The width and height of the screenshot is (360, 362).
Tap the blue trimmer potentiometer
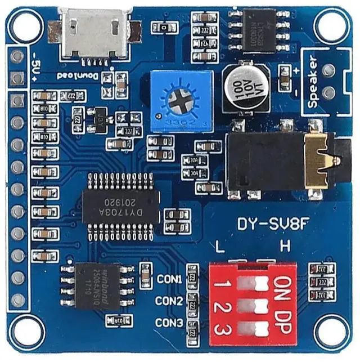point(181,101)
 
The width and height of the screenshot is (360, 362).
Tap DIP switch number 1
point(251,281)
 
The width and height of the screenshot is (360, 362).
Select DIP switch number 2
point(251,305)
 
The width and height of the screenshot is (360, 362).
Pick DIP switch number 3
point(251,328)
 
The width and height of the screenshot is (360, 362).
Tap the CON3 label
point(169,323)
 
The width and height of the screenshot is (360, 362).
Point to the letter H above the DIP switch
point(285,247)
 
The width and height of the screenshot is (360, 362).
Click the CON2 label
point(169,301)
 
